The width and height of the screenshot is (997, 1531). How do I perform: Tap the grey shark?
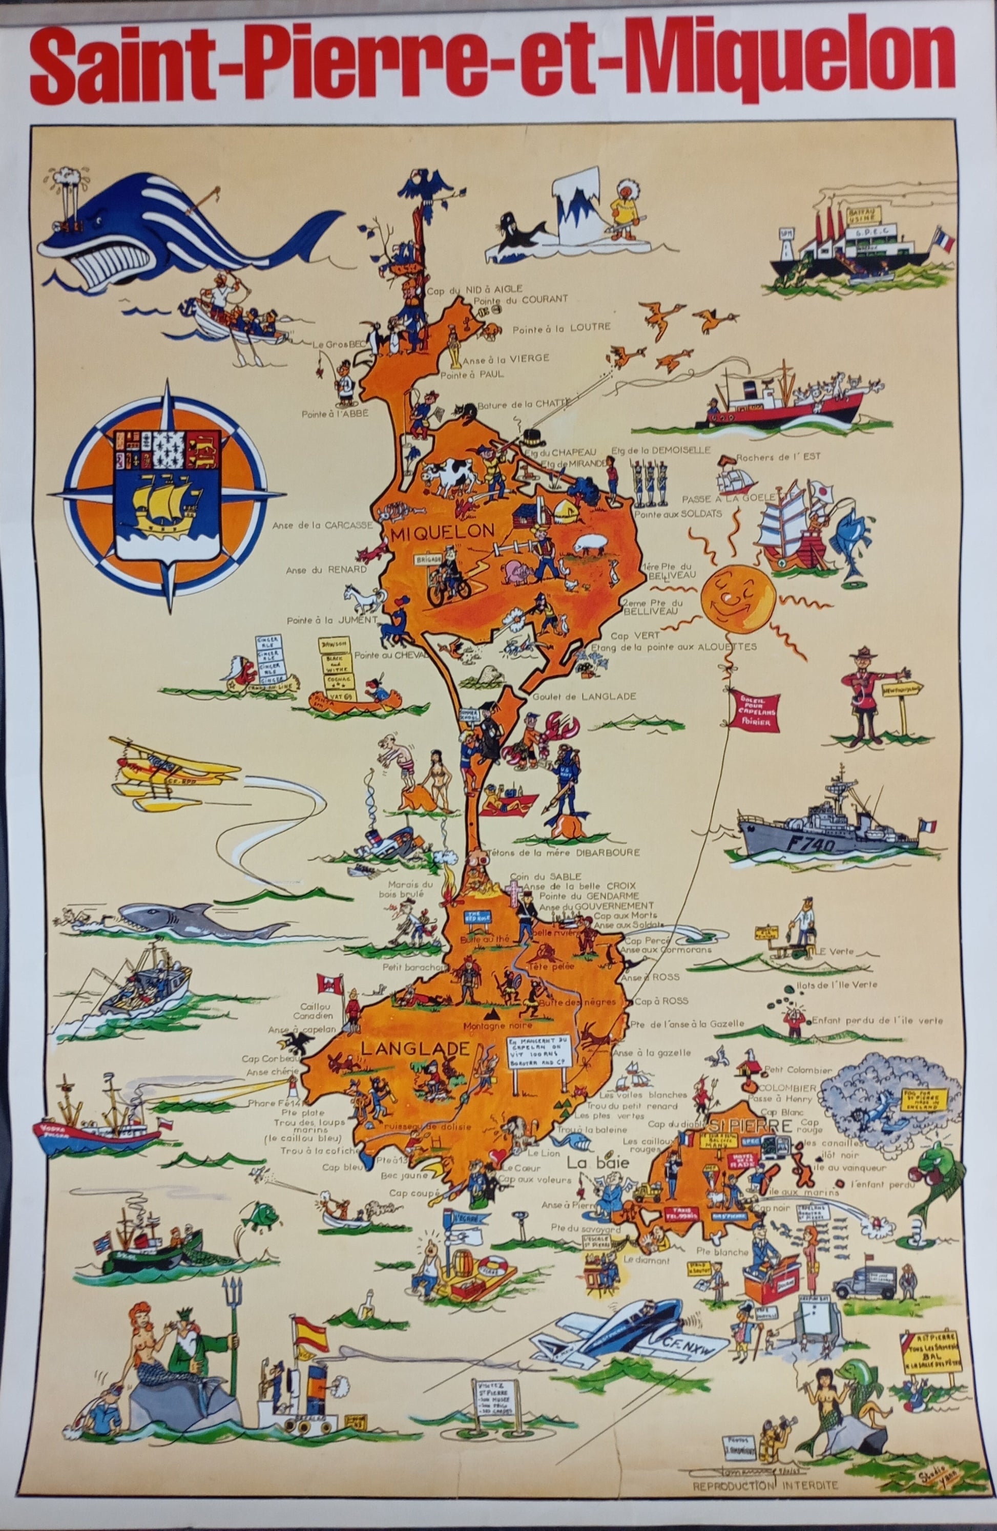pyautogui.click(x=193, y=925)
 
